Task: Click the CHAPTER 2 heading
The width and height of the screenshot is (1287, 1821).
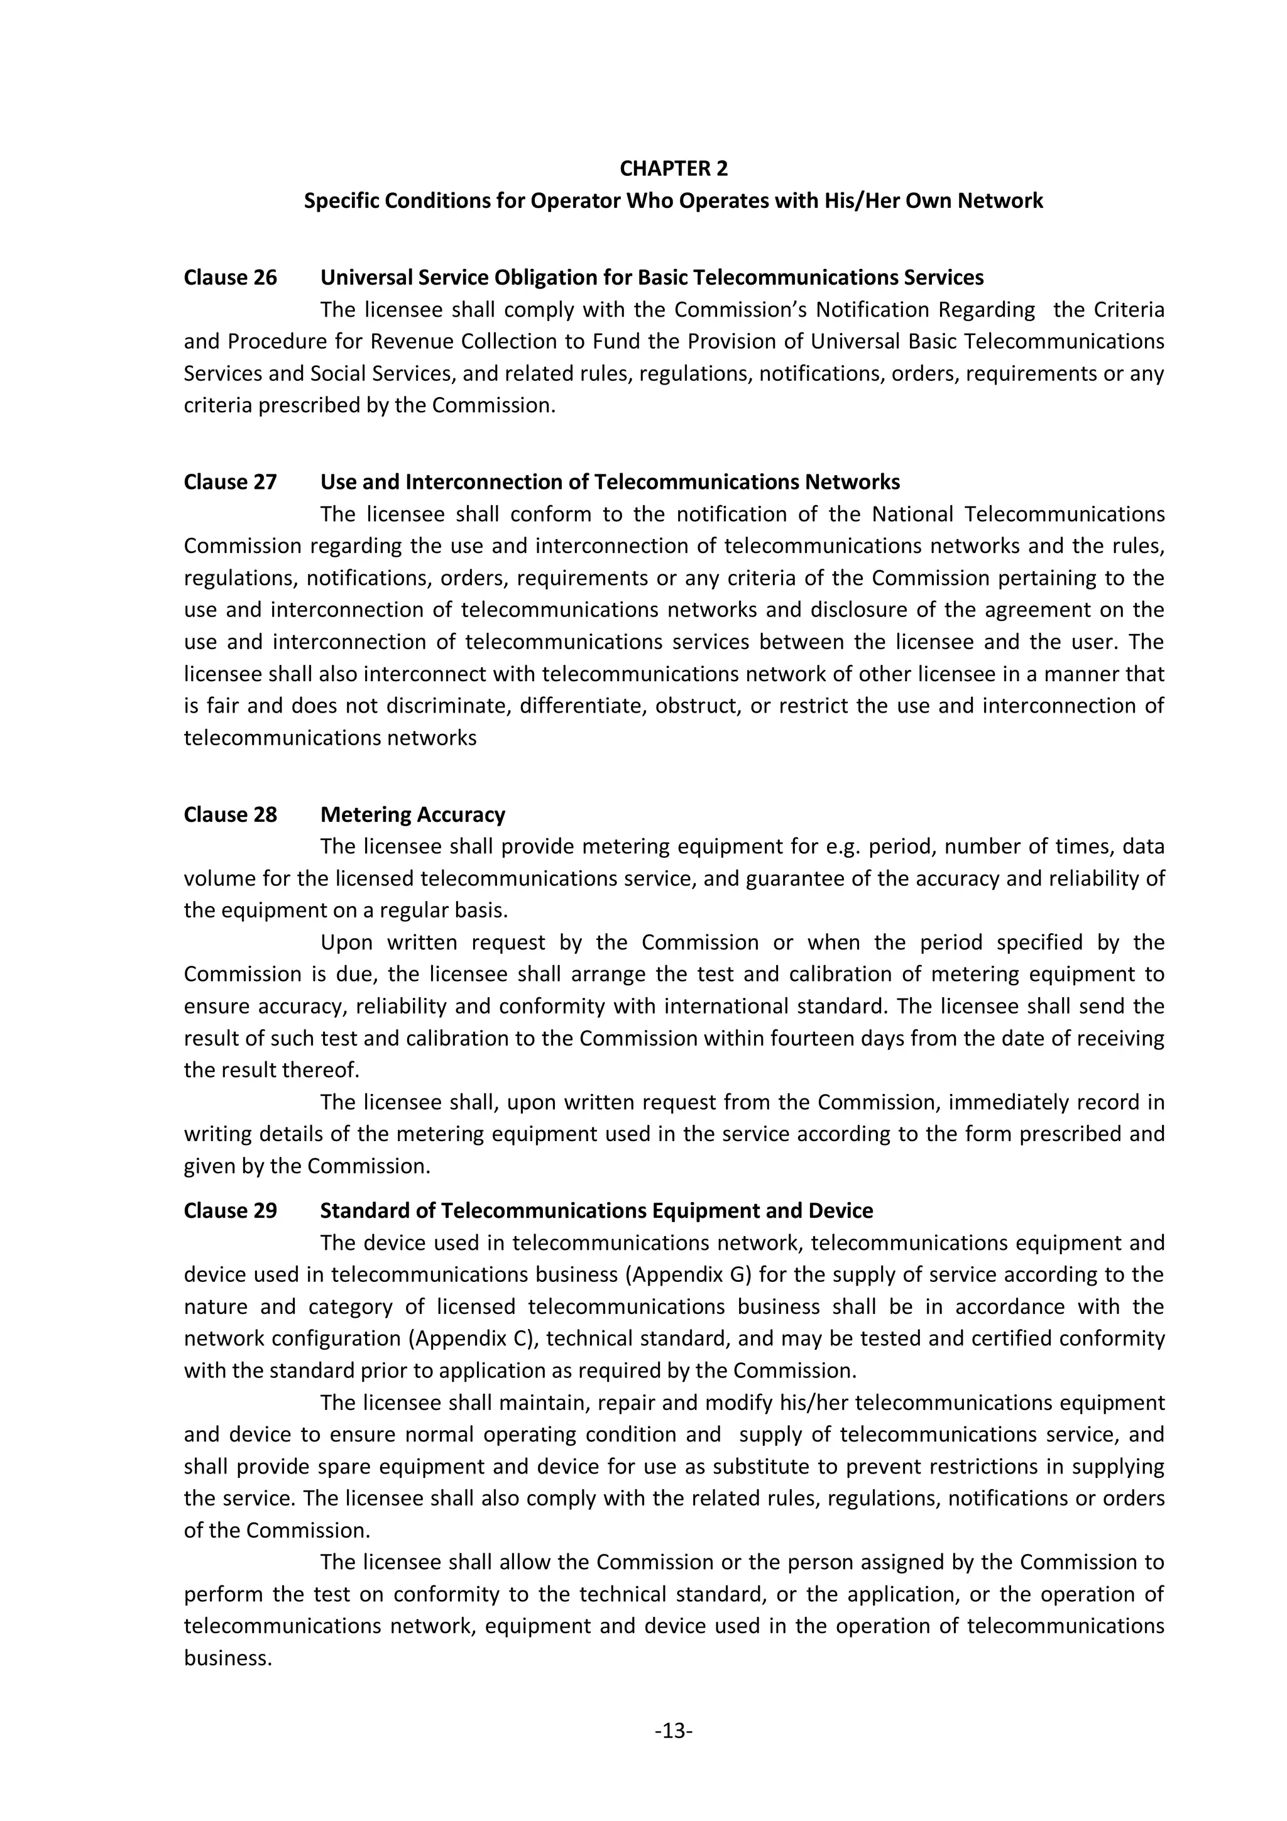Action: click(x=673, y=168)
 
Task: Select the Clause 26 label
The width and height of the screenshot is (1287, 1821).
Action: click(x=230, y=278)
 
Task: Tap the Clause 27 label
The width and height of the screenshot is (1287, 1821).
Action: click(x=230, y=482)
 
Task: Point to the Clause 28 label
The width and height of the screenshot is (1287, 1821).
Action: click(x=230, y=814)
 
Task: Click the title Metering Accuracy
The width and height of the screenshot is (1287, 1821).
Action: click(x=412, y=814)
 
